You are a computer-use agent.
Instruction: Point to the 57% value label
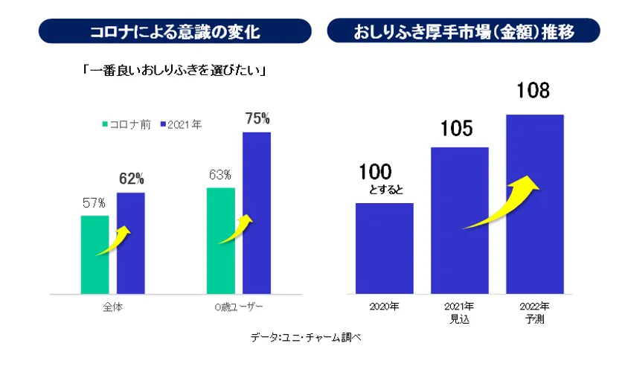click(94, 202)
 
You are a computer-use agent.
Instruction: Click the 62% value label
click(131, 179)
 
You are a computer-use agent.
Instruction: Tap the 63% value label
click(220, 175)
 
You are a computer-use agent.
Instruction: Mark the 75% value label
click(257, 118)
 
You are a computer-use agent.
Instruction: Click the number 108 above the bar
click(533, 92)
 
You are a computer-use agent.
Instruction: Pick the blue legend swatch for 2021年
click(159, 124)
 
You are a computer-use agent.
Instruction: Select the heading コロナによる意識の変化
click(175, 31)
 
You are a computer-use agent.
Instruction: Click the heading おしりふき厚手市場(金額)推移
click(466, 31)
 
